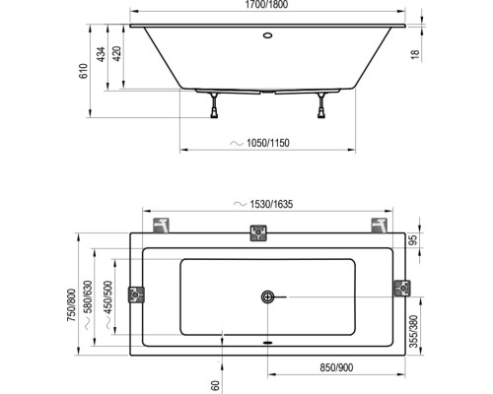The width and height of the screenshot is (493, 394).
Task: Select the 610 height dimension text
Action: (x=85, y=69)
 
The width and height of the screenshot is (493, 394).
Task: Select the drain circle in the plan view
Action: (x=265, y=295)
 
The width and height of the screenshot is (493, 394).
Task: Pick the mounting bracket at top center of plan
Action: (x=257, y=233)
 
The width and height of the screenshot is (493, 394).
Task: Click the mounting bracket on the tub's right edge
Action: (x=401, y=289)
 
